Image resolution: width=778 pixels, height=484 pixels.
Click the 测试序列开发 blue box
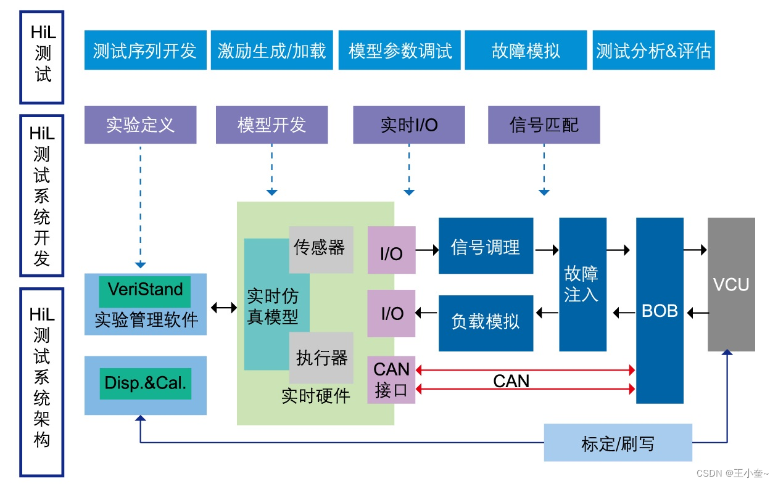pos(145,51)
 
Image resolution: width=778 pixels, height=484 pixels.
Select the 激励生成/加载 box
pos(271,51)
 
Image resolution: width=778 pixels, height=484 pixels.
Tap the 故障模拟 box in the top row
pos(526,51)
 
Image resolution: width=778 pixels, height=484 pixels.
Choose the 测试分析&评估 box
pos(653,51)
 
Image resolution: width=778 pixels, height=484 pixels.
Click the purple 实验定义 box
pos(140,125)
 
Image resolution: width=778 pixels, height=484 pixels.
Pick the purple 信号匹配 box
pos(544,125)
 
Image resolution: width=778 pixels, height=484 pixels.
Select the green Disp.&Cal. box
pos(145,384)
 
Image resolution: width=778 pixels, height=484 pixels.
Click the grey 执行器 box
pos(321,358)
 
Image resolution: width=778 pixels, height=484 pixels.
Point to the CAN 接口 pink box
pos(391,380)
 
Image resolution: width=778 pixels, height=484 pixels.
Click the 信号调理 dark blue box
pos(486,248)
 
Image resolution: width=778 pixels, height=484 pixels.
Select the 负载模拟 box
pos(486,322)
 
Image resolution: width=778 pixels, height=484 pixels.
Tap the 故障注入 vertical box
pos(582,284)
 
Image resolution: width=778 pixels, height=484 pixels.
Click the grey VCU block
pos(731,284)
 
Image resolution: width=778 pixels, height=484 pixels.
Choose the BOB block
pos(660,311)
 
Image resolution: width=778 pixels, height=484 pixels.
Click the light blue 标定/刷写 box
pos(618,443)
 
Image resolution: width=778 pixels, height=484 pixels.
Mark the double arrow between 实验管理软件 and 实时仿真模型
pos(223,307)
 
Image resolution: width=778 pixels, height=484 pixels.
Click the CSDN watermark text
pos(732,474)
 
